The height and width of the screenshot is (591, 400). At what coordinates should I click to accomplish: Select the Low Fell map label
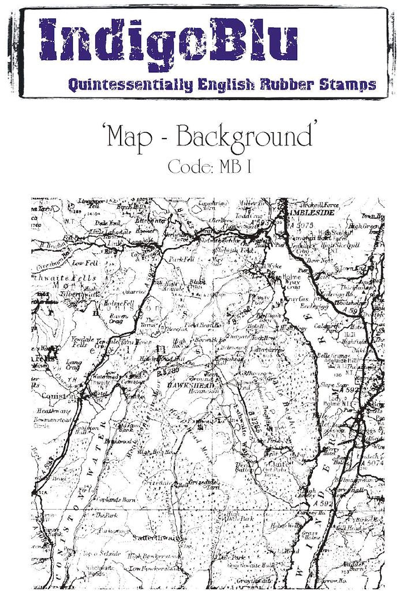point(83,263)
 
